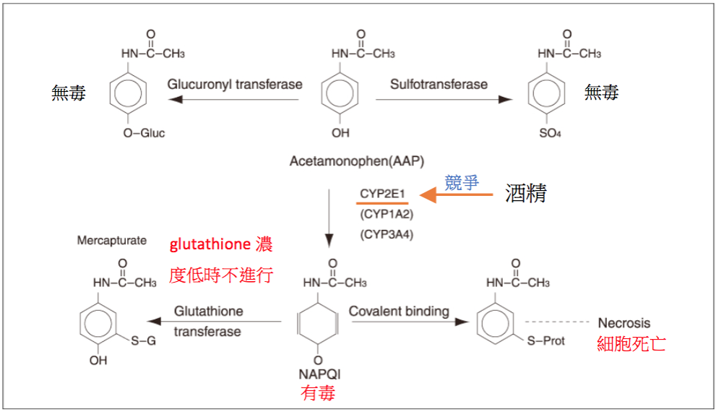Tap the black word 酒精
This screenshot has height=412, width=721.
coord(525,194)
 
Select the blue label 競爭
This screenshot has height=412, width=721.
coord(462,181)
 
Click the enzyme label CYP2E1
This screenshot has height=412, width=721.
coord(383,194)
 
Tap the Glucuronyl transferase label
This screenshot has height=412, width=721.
coord(235,84)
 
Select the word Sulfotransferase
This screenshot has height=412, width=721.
coord(439,84)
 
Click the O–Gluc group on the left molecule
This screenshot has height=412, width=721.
coord(144,133)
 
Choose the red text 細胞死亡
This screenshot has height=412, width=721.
coord(631,343)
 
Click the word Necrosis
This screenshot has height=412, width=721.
coord(624,322)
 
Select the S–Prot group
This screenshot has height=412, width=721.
coord(547,340)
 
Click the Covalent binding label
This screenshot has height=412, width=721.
coord(399,312)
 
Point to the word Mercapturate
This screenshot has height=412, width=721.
coord(112,240)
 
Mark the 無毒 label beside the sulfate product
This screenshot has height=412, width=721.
coord(602,93)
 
